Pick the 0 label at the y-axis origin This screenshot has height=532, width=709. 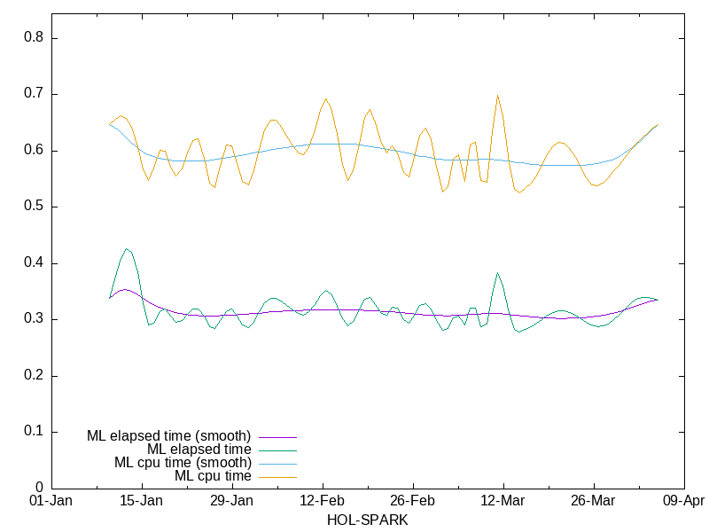pos(40,488)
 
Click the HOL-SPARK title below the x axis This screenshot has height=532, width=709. pos(368,520)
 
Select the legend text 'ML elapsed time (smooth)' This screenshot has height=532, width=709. pos(168,435)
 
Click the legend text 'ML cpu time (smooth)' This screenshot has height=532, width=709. pos(183,462)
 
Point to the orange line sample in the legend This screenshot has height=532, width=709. pos(277,476)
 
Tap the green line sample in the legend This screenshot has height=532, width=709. pos(277,450)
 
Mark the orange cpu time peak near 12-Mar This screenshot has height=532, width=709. pos(498,96)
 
